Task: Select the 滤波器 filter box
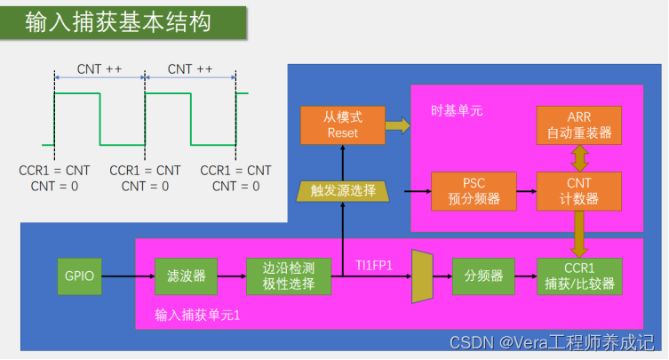(x=180, y=276)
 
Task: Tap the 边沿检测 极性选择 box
(x=289, y=276)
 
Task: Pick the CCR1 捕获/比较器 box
(x=578, y=276)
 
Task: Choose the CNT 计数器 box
(x=578, y=190)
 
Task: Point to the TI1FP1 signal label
(x=374, y=265)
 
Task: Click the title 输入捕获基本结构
(x=119, y=22)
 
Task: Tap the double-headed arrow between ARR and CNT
(x=578, y=158)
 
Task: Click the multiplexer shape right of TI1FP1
(x=422, y=276)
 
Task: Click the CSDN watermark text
(x=552, y=342)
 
